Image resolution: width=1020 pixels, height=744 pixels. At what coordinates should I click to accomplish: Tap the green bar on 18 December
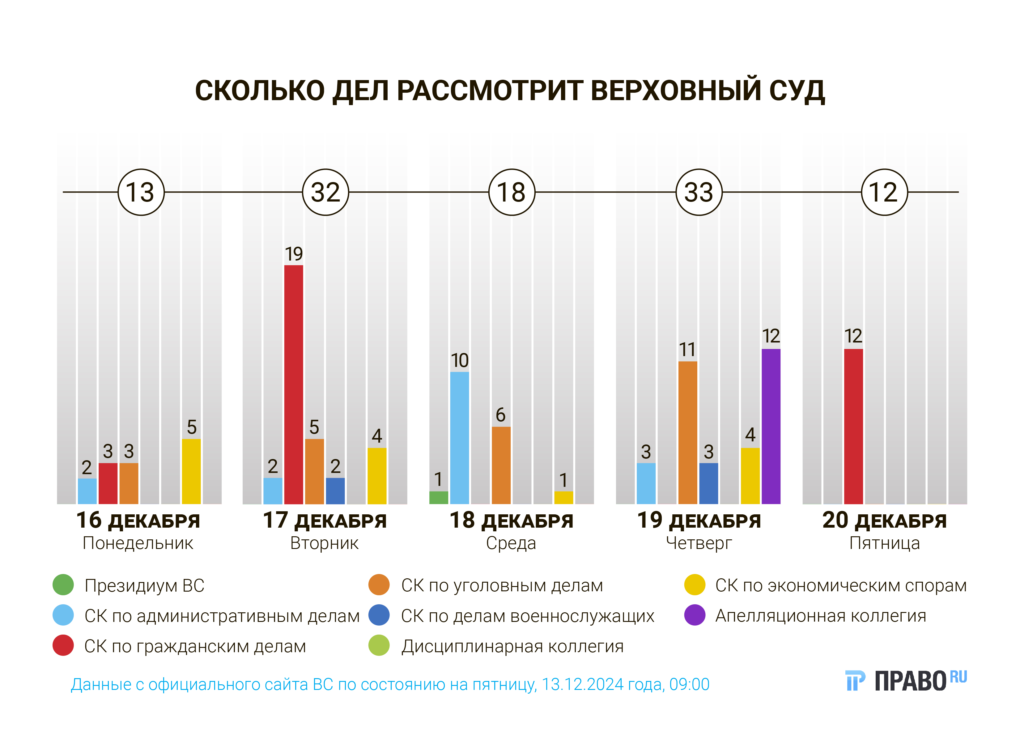click(x=439, y=497)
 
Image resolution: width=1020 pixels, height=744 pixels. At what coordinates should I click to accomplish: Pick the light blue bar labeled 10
click(x=459, y=438)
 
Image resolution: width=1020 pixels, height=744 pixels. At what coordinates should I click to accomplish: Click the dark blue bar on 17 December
click(x=335, y=491)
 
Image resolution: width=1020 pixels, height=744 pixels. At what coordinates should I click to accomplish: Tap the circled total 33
click(x=699, y=192)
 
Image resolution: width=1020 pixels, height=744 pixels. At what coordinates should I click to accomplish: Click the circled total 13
click(x=141, y=192)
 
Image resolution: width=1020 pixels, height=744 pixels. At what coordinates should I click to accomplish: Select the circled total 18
click(x=512, y=192)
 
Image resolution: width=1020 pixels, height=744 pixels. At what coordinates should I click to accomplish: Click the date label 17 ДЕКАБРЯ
click(x=325, y=521)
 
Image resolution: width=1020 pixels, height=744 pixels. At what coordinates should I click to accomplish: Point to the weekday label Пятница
click(x=884, y=543)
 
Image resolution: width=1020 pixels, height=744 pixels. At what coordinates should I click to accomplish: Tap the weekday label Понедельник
click(x=138, y=543)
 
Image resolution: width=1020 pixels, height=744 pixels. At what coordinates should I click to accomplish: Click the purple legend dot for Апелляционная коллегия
click(x=695, y=615)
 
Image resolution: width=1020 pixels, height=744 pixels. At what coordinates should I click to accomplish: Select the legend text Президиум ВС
click(x=144, y=585)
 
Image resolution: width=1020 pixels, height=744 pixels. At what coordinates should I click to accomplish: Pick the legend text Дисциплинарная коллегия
click(x=512, y=646)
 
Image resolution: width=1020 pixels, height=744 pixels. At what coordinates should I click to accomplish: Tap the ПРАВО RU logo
click(x=905, y=680)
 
